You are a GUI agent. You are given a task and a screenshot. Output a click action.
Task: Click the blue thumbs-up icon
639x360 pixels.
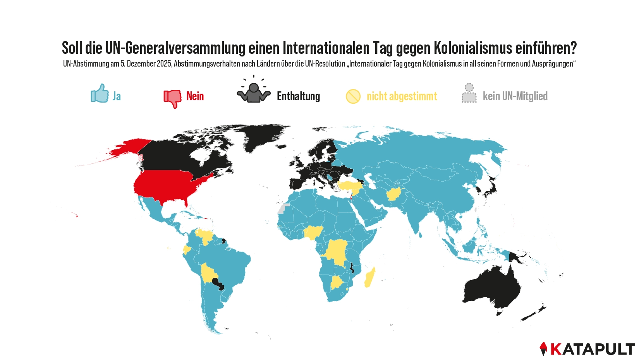tap(100, 94)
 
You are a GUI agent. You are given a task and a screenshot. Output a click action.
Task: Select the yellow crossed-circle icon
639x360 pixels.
tap(353, 96)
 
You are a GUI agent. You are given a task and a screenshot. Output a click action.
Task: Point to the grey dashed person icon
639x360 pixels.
tap(469, 93)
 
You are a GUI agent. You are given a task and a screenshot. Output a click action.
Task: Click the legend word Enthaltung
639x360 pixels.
tap(298, 96)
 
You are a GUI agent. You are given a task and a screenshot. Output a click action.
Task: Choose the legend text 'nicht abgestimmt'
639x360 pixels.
tap(402, 96)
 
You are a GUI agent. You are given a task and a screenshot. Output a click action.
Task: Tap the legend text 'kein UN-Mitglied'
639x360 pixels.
tap(515, 96)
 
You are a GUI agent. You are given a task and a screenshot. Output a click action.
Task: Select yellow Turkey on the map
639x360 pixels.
tap(350, 185)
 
